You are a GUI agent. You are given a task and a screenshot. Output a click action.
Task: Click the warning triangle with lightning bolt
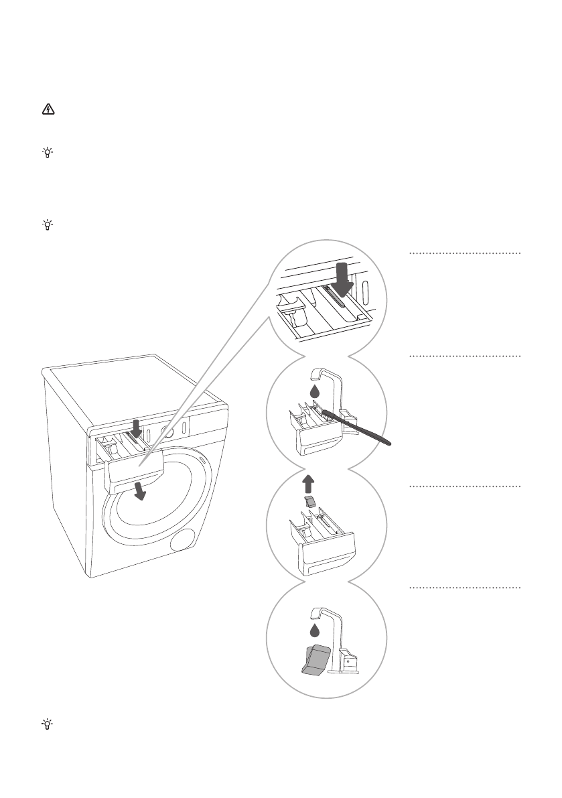tap(47, 111)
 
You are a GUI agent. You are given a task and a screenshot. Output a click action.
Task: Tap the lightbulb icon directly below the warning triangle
tap(47, 153)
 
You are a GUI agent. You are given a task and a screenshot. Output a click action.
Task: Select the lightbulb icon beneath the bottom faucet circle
tap(47, 724)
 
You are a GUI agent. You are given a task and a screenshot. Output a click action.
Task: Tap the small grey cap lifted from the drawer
tap(308, 502)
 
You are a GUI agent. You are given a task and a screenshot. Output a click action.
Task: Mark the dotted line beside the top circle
tap(465, 254)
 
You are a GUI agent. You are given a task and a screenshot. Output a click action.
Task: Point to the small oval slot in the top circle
tap(365, 293)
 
